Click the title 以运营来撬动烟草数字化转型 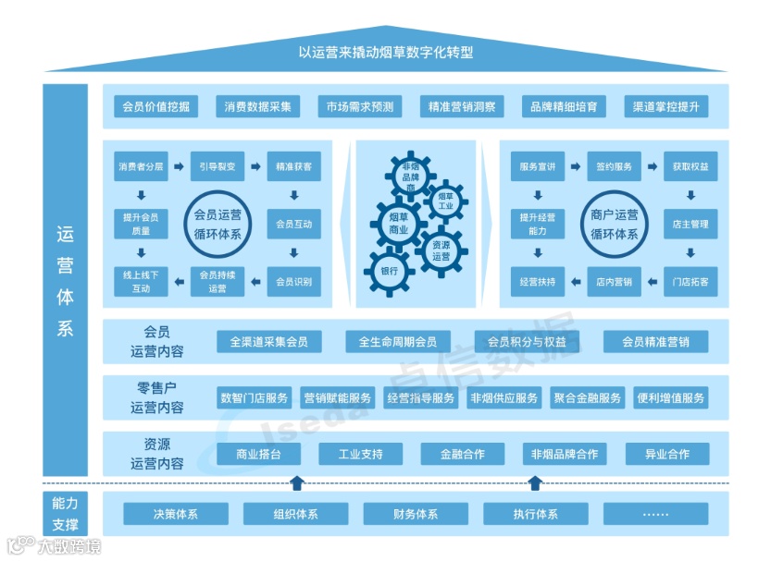pos(385,53)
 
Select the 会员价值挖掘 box pos(155,107)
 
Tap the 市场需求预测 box pos(359,107)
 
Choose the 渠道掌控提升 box pos(665,107)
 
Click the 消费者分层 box pos(141,167)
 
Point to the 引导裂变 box pos(218,167)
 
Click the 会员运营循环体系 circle pos(217,225)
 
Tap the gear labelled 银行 pos(389,271)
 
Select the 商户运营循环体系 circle pos(615,225)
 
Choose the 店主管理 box pos(690,225)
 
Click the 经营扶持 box pos(538,282)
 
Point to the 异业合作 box pos(666,455)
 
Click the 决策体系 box pos(176,514)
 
